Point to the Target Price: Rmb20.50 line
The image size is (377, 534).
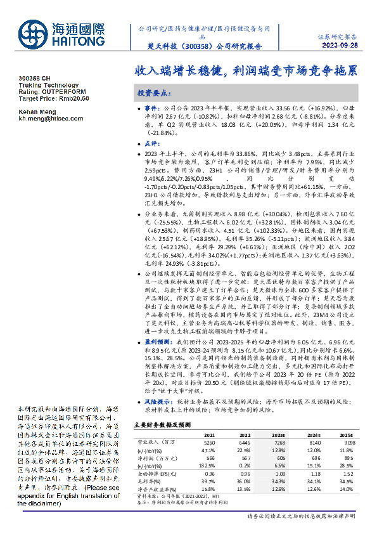pyautogui.click(x=54, y=99)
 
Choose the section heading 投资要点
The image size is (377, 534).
pyautogui.click(x=155, y=93)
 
